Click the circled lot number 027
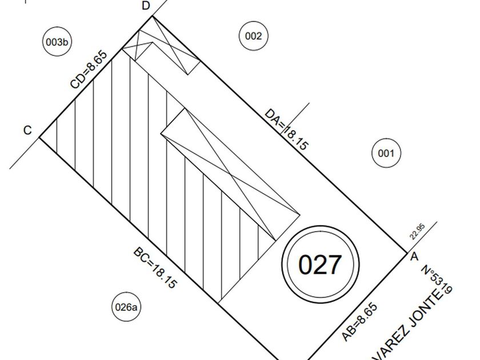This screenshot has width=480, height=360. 320,265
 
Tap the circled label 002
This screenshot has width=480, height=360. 253,36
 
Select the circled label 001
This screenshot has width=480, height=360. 386,153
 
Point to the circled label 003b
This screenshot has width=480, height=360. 57,42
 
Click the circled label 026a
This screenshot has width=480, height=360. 126,307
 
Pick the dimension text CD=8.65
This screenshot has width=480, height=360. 89,70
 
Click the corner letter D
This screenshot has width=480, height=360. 146,6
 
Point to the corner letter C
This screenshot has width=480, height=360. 27,130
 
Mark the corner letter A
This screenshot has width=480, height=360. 414,257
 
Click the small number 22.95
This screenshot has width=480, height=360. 417,231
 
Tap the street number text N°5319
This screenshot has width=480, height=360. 437,281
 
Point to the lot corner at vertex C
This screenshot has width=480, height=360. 39,138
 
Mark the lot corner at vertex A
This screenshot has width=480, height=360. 406,251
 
